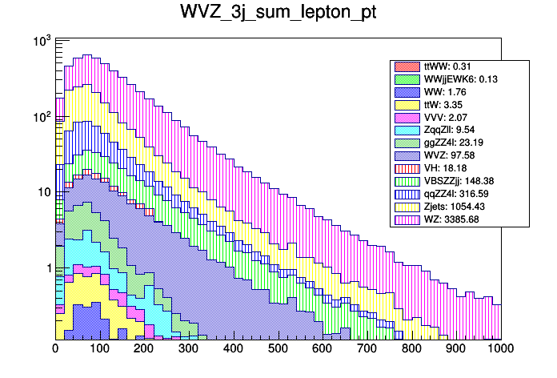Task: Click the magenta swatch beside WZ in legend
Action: (406, 220)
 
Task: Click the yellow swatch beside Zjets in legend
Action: (406, 207)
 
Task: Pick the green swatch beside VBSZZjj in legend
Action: (406, 182)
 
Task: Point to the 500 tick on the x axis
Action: (278, 348)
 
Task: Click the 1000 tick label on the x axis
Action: (500, 348)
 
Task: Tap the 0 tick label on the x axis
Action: (55, 348)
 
